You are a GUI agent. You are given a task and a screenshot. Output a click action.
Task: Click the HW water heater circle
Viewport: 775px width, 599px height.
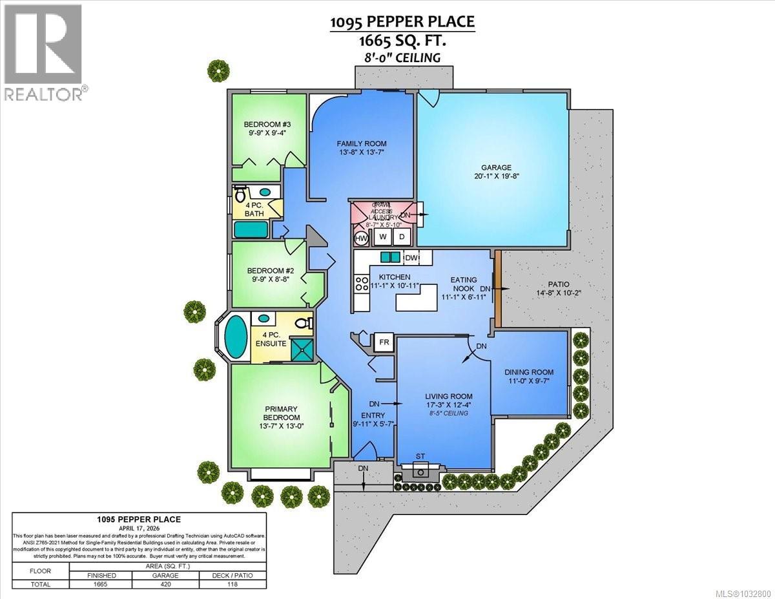(362, 238)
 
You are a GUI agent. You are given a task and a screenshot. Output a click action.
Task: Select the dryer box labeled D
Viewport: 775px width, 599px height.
(401, 237)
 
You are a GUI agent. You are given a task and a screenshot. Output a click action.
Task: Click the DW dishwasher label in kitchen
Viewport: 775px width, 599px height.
(411, 258)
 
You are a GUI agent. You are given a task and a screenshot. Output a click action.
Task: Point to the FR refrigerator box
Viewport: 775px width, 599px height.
(385, 341)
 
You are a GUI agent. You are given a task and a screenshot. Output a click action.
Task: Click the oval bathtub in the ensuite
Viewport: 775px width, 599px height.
(235, 336)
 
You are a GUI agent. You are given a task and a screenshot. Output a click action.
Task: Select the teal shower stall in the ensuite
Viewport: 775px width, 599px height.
(302, 350)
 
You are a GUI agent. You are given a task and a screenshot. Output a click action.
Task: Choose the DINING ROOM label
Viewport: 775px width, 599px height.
(530, 372)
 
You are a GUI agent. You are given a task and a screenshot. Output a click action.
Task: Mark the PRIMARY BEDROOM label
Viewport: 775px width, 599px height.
(281, 413)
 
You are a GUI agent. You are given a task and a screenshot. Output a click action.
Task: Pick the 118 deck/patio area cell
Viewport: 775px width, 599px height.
(232, 584)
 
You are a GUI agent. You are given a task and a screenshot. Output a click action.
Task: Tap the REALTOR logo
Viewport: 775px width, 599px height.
(43, 52)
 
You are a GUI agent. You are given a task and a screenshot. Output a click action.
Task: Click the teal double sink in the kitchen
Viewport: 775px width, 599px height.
(390, 257)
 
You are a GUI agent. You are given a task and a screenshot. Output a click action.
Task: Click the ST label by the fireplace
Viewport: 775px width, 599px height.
(420, 456)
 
